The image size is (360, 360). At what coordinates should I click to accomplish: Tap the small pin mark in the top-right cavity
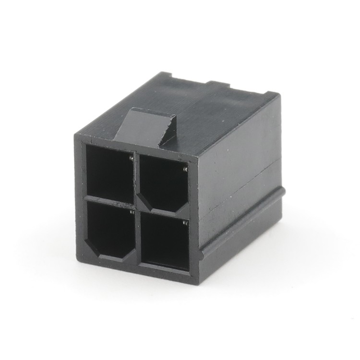(185, 169)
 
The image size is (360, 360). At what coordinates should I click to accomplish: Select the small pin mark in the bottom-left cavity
(132, 211)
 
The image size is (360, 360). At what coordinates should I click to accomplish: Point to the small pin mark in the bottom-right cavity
(185, 223)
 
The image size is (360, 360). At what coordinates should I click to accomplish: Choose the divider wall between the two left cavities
(109, 199)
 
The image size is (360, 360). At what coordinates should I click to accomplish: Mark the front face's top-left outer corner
(75, 136)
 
